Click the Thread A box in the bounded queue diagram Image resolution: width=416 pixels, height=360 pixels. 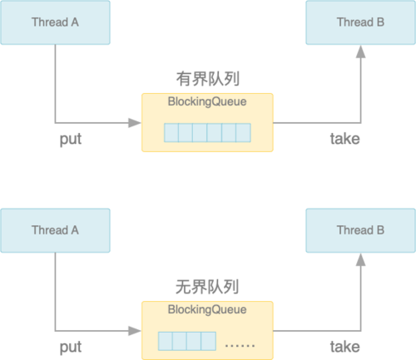(55, 22)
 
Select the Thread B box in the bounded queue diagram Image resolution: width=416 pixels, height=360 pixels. (360, 22)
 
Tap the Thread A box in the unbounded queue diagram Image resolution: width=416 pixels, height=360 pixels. (55, 230)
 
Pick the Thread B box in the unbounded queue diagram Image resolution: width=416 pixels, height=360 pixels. (360, 230)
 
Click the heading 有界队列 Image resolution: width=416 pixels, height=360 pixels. (207, 79)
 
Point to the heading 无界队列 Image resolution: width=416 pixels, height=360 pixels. (207, 287)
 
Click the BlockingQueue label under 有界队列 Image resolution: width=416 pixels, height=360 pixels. (207, 101)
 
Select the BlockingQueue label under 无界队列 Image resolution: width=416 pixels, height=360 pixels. (207, 309)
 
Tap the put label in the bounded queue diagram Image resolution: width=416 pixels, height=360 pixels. (71, 140)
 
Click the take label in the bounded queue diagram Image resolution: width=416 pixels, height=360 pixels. (345, 139)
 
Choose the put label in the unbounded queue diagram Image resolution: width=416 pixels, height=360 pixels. (71, 348)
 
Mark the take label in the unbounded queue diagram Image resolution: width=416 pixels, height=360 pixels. (345, 347)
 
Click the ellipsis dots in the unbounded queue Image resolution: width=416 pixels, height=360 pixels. (240, 346)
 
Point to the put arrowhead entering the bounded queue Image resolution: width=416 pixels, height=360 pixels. (135, 123)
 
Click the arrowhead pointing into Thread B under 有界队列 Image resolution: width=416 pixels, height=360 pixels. (360, 52)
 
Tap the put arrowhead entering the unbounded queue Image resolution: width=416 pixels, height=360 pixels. (135, 331)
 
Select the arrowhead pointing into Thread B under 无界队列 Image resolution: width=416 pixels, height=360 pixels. (360, 259)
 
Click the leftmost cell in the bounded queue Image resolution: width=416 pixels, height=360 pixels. (171, 133)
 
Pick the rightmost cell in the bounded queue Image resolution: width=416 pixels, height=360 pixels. (244, 133)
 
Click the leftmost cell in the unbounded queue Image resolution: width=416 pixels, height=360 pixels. (166, 341)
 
